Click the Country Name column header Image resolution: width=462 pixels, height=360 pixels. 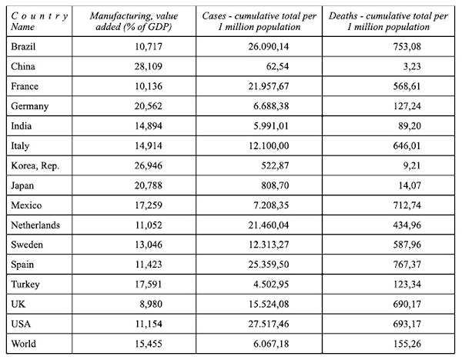[39, 22]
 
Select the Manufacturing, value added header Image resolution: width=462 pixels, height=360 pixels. [134, 22]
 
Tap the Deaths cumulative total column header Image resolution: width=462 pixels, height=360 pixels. [388, 22]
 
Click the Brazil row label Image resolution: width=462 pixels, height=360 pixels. [23, 46]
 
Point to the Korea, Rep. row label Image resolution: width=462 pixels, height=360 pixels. [35, 165]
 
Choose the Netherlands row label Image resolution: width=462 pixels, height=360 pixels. [35, 225]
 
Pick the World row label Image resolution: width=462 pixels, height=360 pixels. [23, 344]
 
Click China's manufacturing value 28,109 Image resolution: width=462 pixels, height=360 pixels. [148, 66]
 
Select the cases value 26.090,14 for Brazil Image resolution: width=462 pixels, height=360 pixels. [269, 46]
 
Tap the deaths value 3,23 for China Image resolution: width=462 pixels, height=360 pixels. [412, 66]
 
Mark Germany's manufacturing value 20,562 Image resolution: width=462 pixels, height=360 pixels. [148, 106]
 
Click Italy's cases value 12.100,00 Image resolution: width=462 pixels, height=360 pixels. [269, 145]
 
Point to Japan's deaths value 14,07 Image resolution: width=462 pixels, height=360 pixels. [410, 185]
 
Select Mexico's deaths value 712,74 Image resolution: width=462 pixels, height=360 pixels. [407, 205]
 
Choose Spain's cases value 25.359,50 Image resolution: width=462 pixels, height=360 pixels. [269, 265]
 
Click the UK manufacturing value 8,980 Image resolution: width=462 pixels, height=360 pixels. [151, 304]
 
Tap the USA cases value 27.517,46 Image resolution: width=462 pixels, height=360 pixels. [269, 324]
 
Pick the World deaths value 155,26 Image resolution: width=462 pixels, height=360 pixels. [407, 344]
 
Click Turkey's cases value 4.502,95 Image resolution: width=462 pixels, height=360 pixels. [271, 285]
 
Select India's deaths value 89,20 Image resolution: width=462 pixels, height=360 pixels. [410, 126]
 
